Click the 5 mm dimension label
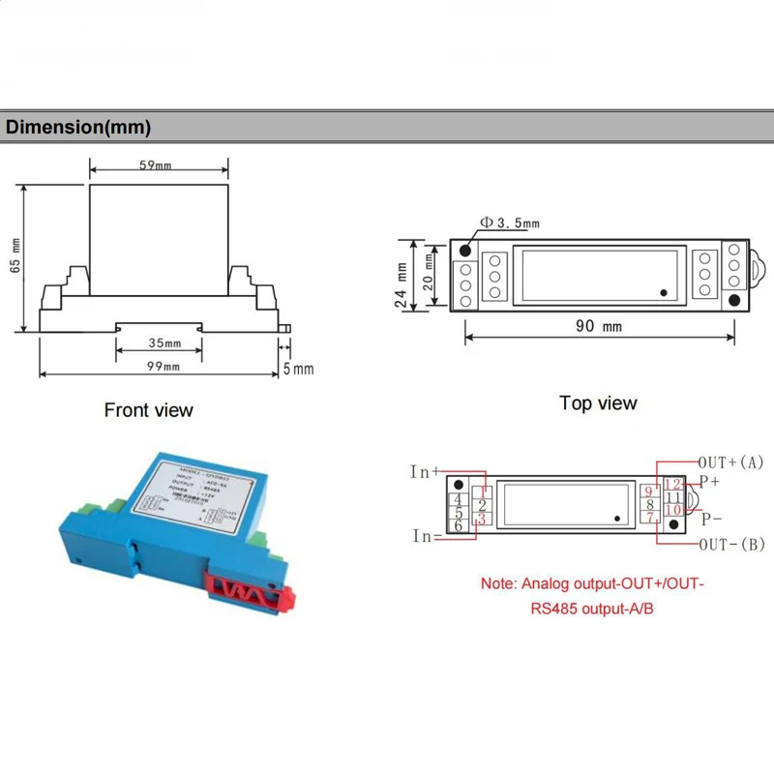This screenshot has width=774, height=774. click(x=301, y=369)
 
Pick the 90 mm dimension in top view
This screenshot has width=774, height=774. click(x=599, y=327)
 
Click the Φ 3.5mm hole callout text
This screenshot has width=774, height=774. click(x=510, y=223)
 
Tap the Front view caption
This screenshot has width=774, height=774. click(x=149, y=410)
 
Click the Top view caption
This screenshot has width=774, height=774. click(x=598, y=403)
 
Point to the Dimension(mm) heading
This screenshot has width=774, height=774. click(x=78, y=127)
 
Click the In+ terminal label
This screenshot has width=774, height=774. click(x=425, y=472)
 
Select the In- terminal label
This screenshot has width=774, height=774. click(x=423, y=536)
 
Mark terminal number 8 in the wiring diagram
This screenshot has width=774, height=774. click(x=650, y=504)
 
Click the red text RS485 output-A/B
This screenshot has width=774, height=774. click(x=593, y=610)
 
